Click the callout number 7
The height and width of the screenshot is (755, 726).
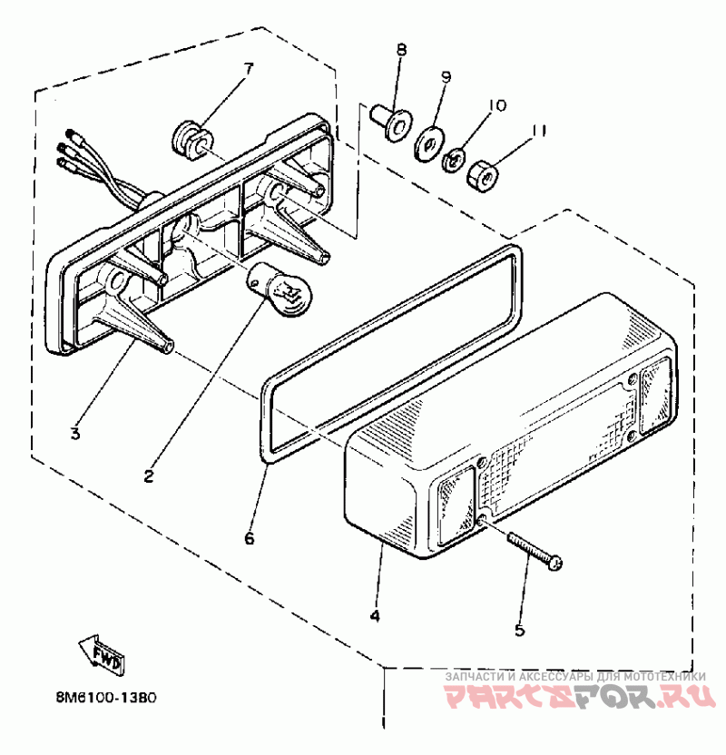[248, 67]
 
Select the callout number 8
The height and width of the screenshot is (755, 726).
[400, 50]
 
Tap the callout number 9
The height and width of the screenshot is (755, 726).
[446, 78]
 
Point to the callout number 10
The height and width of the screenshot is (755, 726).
[494, 106]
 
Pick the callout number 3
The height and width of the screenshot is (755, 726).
[75, 434]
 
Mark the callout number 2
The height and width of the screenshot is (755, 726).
[149, 473]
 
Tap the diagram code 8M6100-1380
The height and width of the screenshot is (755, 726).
[106, 699]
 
